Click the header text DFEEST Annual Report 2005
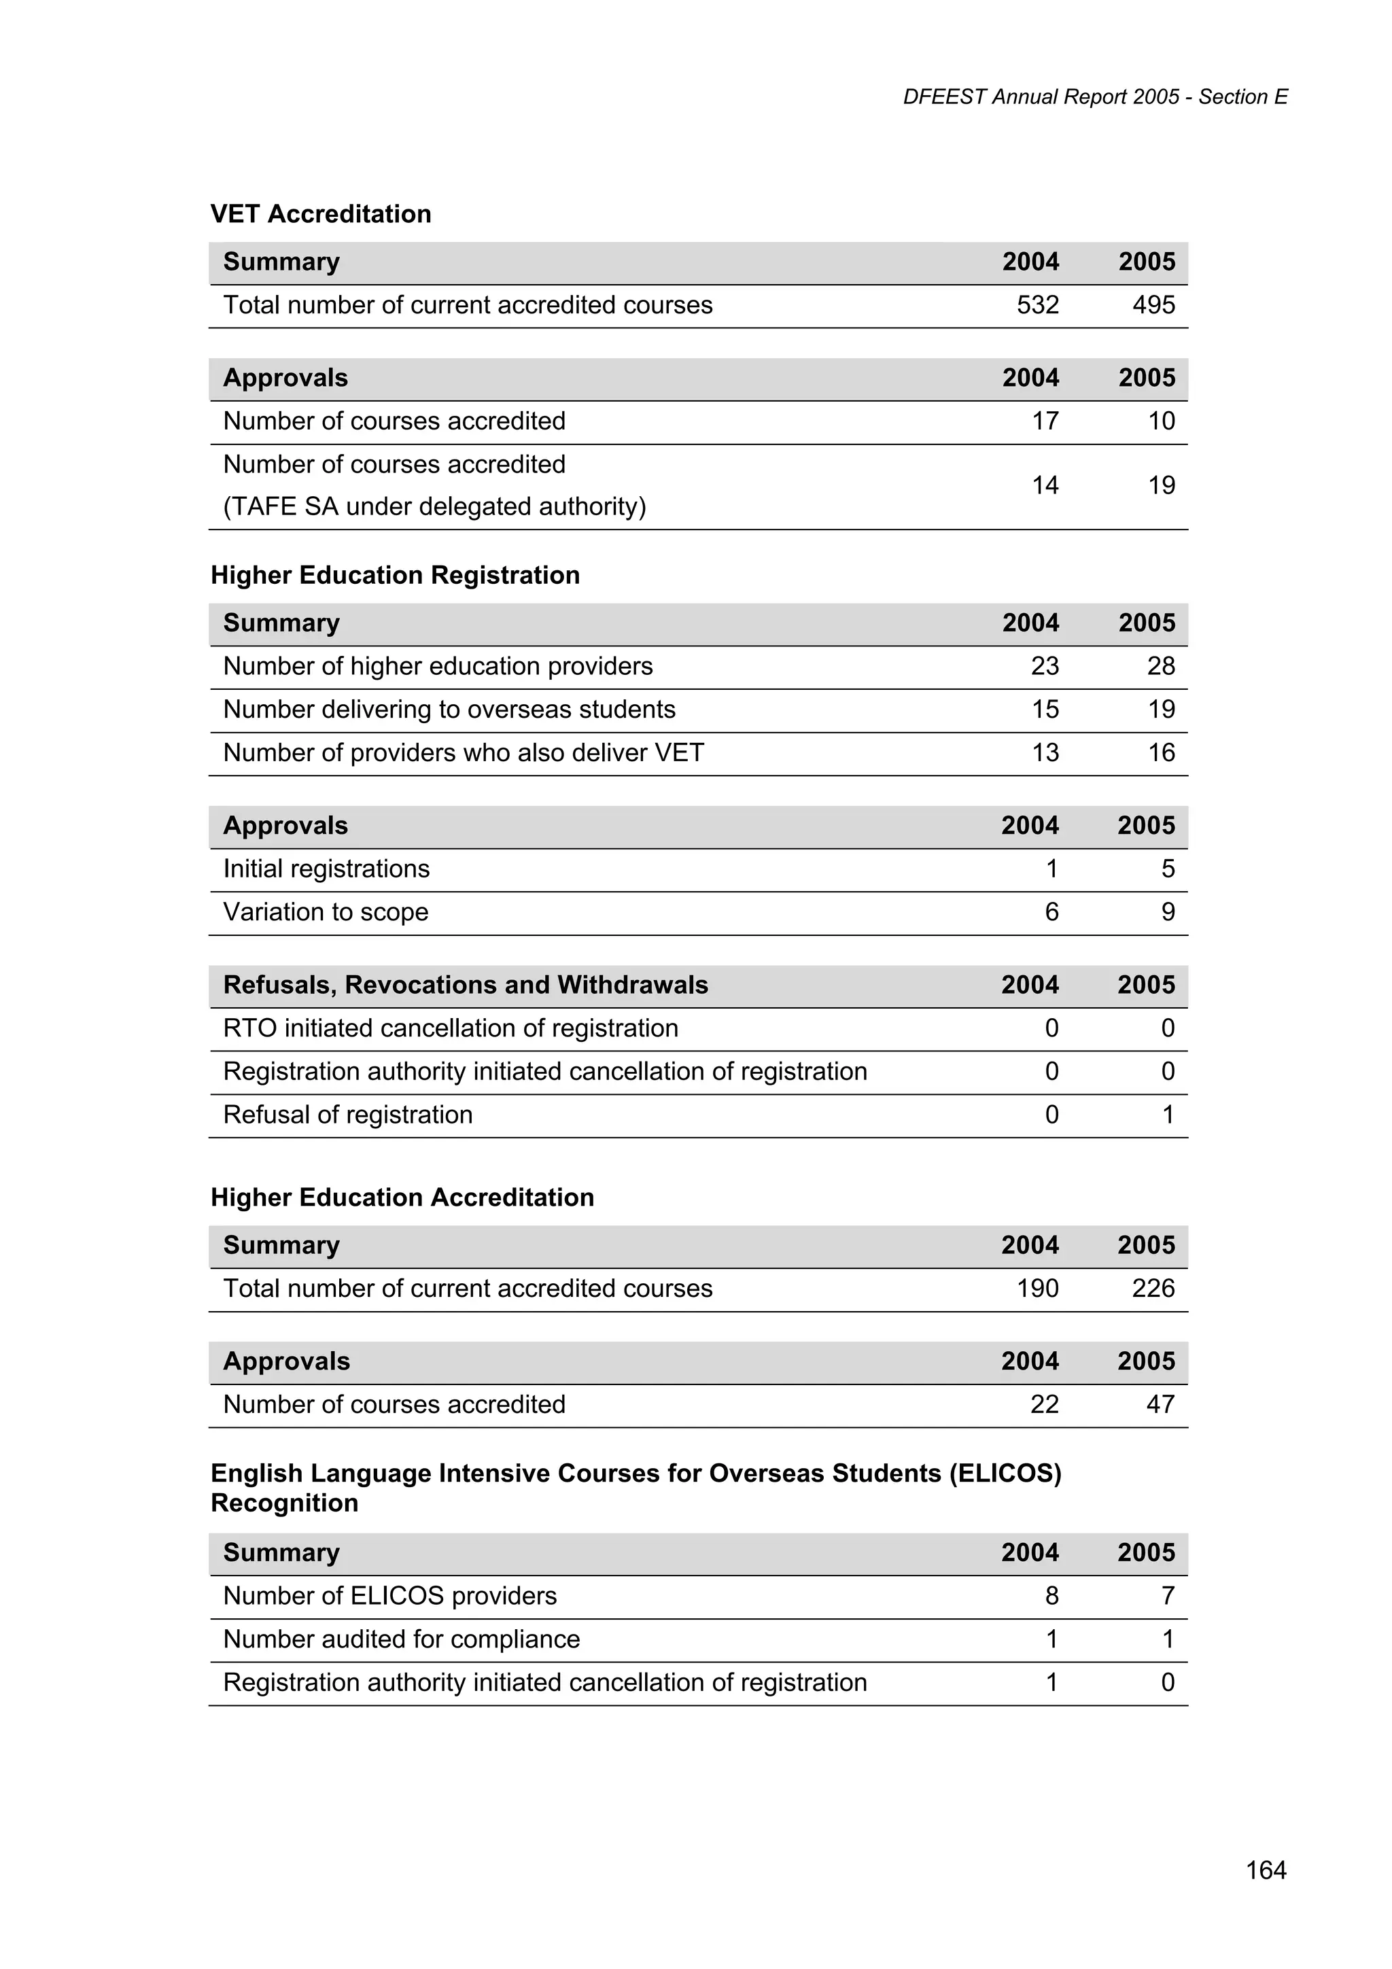pyautogui.click(x=1041, y=97)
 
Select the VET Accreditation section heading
pyautogui.click(x=321, y=213)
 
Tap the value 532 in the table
pyautogui.click(x=1037, y=305)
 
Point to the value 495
pyautogui.click(x=1153, y=305)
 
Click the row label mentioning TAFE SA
pyautogui.click(x=434, y=507)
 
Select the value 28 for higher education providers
pyautogui.click(x=1160, y=666)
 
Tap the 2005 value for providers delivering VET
pyautogui.click(x=1160, y=753)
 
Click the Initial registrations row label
pyautogui.click(x=326, y=869)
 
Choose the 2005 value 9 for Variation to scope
pyautogui.click(x=1167, y=913)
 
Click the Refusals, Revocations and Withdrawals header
pyautogui.click(x=466, y=986)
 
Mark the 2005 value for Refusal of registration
pyautogui.click(x=1167, y=1115)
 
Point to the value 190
pyautogui.click(x=1037, y=1288)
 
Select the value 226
pyautogui.click(x=1153, y=1288)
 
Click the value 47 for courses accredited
pyautogui.click(x=1160, y=1405)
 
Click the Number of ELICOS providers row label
pyautogui.click(x=389, y=1596)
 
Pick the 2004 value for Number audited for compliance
pyautogui.click(x=1051, y=1639)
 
